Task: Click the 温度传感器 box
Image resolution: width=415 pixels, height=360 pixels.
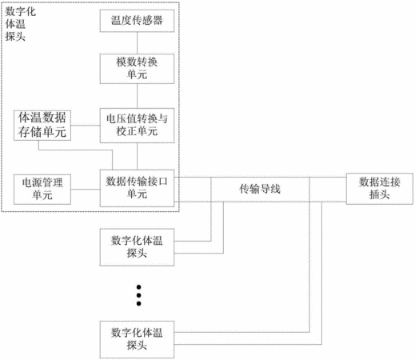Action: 137,21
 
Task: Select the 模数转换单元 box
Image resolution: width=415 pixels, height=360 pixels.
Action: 137,69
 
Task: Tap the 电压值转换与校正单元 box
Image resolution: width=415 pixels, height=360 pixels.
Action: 137,126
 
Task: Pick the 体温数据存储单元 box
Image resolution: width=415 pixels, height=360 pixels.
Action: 42,126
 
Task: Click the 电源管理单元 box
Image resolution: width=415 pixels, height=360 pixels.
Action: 42,190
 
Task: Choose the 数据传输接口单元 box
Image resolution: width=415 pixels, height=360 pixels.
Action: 137,188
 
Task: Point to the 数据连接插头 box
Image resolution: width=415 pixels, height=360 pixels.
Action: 380,189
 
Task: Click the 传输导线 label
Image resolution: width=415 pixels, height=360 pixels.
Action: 260,189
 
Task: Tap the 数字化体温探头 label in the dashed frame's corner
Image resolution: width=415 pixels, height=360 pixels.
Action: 21,24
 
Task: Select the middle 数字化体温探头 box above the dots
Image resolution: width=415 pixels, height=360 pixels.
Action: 137,247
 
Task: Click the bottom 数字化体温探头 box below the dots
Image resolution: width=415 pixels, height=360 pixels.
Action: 137,339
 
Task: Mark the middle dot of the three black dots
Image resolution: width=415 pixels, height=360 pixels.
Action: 138,295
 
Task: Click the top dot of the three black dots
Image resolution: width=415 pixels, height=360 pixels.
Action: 138,287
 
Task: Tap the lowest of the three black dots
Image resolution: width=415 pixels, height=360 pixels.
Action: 138,303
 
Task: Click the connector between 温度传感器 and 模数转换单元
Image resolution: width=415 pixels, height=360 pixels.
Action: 137,43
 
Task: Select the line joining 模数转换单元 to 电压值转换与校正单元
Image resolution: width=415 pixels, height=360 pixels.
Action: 137,96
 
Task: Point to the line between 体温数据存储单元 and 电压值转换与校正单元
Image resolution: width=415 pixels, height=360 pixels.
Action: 86,126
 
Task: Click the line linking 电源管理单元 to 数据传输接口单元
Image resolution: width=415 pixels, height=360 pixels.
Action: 86,190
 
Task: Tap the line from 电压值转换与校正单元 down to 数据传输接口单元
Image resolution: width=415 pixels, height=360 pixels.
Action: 137,156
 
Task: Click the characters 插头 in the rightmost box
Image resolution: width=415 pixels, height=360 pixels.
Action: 380,194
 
